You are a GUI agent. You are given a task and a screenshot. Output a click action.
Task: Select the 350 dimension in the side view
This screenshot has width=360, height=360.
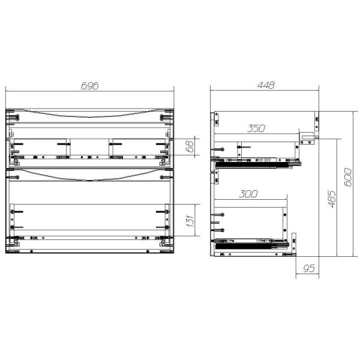(257, 128)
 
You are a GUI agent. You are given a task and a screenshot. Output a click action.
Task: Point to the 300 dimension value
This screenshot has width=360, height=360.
(248, 194)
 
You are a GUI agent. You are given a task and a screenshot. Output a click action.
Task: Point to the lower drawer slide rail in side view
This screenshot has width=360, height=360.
(252, 243)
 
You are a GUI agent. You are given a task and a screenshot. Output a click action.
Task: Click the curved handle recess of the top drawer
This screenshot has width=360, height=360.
(89, 113)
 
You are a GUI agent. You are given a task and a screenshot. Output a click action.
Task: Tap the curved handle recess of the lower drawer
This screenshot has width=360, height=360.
(89, 176)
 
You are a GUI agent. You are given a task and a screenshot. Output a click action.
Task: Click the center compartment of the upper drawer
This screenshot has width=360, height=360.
(89, 148)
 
